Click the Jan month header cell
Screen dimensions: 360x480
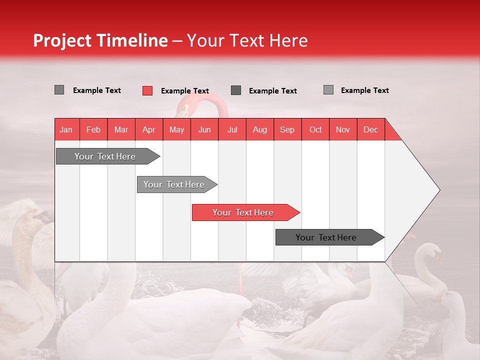click(66, 129)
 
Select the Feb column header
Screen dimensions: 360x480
click(93, 129)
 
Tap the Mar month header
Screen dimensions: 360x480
click(121, 129)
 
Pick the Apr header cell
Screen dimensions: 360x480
click(149, 129)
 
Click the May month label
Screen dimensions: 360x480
click(176, 129)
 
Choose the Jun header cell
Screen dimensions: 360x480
click(204, 129)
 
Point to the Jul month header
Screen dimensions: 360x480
click(232, 129)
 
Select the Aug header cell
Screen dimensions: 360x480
click(260, 129)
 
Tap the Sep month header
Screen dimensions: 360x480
click(287, 129)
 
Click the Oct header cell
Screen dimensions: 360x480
click(315, 129)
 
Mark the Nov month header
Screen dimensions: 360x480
click(343, 129)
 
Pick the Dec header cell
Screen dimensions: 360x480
click(371, 129)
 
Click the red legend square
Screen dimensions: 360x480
click(147, 90)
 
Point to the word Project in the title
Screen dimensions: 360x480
click(62, 40)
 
